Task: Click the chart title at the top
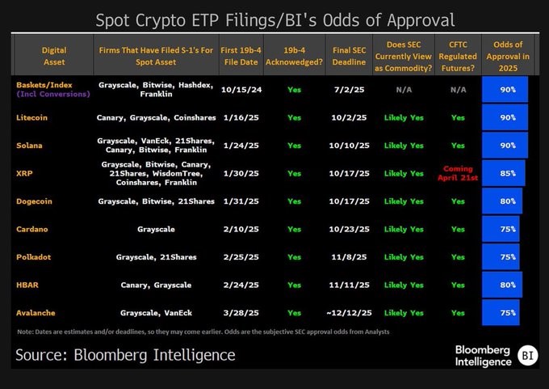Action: pyautogui.click(x=274, y=19)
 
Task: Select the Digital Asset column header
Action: pyautogui.click(x=54, y=55)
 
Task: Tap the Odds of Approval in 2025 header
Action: pyautogui.click(x=505, y=55)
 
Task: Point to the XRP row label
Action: pyautogui.click(x=24, y=173)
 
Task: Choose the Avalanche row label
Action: pyautogui.click(x=37, y=312)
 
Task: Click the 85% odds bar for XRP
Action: pyautogui.click(x=503, y=173)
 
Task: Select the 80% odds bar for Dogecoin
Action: pyautogui.click(x=501, y=201)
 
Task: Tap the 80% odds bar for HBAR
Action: pyautogui.click(x=501, y=285)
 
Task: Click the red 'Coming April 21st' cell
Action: pyautogui.click(x=458, y=173)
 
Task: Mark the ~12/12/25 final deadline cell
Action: pyautogui.click(x=349, y=312)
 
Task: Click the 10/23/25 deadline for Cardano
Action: pyautogui.click(x=349, y=229)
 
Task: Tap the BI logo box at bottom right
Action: pyautogui.click(x=526, y=355)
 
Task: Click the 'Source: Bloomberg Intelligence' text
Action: pyautogui.click(x=125, y=354)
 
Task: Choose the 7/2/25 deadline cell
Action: pyautogui.click(x=349, y=88)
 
